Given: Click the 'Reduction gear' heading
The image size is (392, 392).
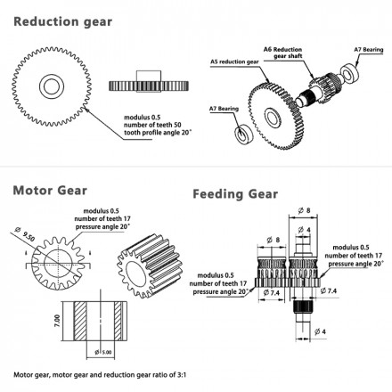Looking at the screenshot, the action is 62,22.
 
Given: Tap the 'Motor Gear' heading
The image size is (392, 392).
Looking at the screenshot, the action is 50,191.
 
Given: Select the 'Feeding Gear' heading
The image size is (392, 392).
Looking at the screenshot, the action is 235,194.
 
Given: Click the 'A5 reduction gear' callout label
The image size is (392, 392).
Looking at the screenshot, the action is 234,61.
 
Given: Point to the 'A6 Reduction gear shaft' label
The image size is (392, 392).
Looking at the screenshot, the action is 283,53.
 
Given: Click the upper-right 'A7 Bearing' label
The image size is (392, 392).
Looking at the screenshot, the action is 369,50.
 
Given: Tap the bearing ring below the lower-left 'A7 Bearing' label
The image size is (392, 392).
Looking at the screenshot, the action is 244,135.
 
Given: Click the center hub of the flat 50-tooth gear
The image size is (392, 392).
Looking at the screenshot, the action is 52,86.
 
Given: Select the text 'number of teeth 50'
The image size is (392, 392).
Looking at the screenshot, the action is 152,125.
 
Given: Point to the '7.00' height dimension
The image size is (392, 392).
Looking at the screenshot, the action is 57,321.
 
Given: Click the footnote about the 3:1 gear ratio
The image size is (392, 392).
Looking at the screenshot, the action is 100,375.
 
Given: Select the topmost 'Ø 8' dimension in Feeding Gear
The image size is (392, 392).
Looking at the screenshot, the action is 304,210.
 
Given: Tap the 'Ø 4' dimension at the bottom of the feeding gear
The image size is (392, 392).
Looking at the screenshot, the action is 320,331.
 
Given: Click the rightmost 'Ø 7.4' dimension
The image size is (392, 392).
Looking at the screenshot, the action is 329,290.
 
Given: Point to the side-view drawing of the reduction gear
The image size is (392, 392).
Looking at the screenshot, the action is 149,82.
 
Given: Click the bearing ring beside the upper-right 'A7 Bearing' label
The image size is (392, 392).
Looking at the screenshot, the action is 350,74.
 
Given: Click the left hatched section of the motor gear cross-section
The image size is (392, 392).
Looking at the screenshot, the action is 80,321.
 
